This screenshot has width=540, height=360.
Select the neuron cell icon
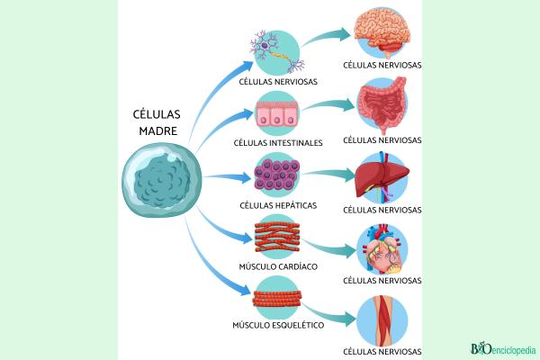coord(278,51)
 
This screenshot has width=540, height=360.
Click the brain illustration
coord(382,34)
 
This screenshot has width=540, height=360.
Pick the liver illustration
coord(382,176)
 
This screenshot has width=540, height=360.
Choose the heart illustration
coord(382,247)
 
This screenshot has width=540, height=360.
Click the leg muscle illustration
coord(382,319)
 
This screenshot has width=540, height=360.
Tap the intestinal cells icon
coord(278,113)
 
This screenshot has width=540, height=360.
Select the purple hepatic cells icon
coord(278,173)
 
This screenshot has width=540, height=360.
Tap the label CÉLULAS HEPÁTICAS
coord(278,205)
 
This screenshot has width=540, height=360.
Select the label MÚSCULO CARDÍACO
coord(278,267)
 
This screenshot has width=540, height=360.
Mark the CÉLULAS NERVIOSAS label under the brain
coord(382,66)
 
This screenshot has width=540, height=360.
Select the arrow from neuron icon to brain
coord(328,36)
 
